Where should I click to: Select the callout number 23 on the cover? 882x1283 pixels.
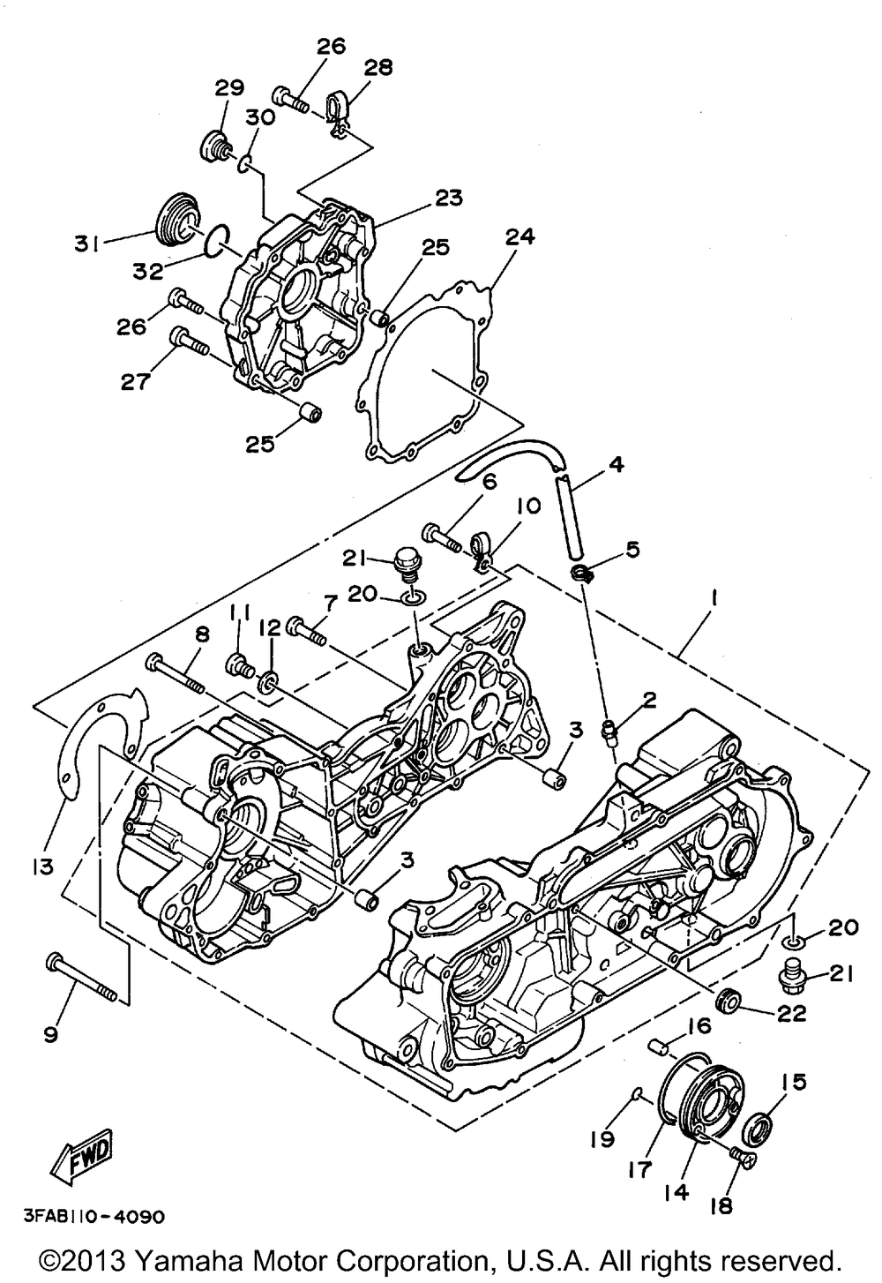[447, 197]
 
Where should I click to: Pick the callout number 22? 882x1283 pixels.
[791, 1013]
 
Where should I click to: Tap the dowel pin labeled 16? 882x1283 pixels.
[658, 1047]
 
